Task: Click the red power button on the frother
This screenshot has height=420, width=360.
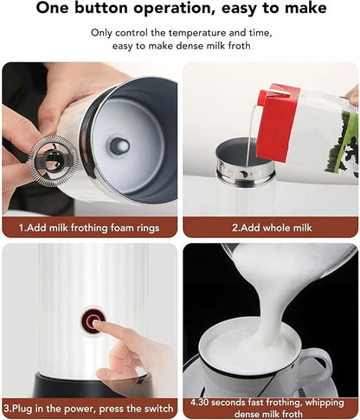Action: click(x=93, y=320)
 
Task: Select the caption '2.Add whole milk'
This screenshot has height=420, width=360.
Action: click(x=270, y=229)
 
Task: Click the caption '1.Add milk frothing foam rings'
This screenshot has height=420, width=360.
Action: click(x=89, y=229)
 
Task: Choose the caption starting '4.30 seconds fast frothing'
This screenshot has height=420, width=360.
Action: click(x=270, y=407)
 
